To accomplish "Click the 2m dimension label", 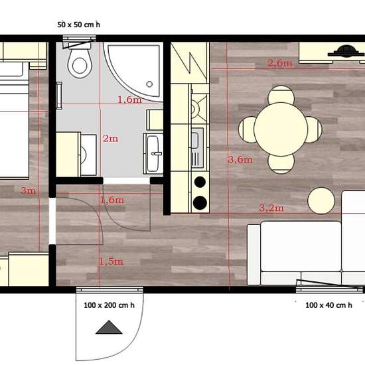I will tap(110, 139).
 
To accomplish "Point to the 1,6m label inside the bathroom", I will tap(129, 100).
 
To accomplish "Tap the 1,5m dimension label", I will tap(111, 261).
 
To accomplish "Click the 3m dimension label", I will tap(28, 191).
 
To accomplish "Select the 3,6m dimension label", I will tap(239, 159).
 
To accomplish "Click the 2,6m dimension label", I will tap(279, 63).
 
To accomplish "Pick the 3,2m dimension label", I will tap(271, 208).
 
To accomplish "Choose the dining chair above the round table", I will tap(281, 96).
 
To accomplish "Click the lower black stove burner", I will tap(198, 202).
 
